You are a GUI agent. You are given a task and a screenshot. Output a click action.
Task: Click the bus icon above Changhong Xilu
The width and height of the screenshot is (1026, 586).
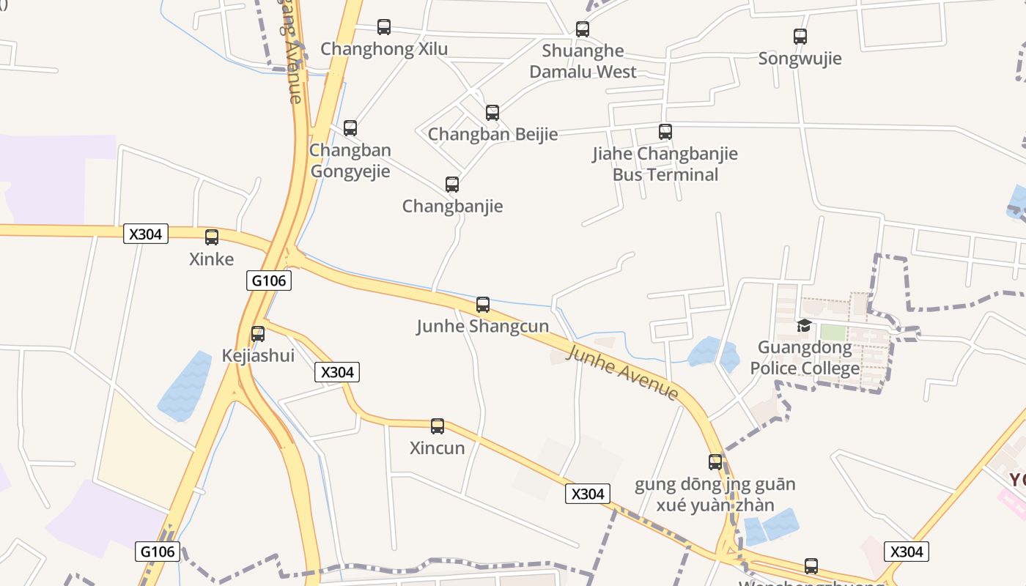pos(384,27)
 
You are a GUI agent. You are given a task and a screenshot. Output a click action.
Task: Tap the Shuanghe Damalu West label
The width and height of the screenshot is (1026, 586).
pos(583,62)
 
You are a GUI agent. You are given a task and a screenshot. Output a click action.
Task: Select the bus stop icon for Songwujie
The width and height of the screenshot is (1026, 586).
pos(800,36)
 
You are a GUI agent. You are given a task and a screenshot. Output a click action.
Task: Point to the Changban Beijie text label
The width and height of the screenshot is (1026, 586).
pos(492,134)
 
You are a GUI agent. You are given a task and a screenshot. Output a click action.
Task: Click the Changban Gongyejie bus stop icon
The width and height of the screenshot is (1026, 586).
pos(350,128)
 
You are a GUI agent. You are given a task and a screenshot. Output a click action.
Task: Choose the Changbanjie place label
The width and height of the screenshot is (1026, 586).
pos(452,206)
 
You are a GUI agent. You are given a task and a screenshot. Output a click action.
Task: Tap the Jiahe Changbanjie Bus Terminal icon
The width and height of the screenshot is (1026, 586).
pos(665,132)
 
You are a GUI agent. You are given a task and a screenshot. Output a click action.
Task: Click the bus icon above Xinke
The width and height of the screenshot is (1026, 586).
pos(212,237)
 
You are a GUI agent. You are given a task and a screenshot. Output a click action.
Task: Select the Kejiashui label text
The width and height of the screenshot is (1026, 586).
pos(258,356)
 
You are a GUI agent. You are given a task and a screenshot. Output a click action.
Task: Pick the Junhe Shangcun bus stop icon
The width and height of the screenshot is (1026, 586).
pos(483,305)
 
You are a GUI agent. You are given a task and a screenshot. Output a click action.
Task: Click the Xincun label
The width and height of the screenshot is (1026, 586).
pos(438,448)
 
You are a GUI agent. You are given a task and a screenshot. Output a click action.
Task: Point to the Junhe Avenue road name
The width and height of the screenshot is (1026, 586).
pos(623,373)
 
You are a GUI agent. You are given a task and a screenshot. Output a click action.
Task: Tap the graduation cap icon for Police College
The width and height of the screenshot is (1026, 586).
pos(805,325)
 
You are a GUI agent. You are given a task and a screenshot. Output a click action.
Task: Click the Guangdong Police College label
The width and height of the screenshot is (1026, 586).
pos(805,357)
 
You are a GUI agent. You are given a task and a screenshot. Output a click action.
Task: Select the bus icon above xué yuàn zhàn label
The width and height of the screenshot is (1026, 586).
pos(715,462)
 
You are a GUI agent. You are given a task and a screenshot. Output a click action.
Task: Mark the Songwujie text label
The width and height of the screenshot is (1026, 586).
pos(800,59)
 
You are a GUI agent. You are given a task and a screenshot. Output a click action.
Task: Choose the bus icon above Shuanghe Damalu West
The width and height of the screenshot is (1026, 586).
pos(583,29)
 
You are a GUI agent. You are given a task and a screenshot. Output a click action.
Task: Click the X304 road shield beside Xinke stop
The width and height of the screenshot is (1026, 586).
pos(147,234)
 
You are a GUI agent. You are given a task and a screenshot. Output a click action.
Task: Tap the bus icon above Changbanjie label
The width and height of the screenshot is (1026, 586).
pos(452,184)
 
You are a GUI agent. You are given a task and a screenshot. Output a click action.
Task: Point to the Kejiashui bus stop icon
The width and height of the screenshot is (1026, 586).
pos(258,334)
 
